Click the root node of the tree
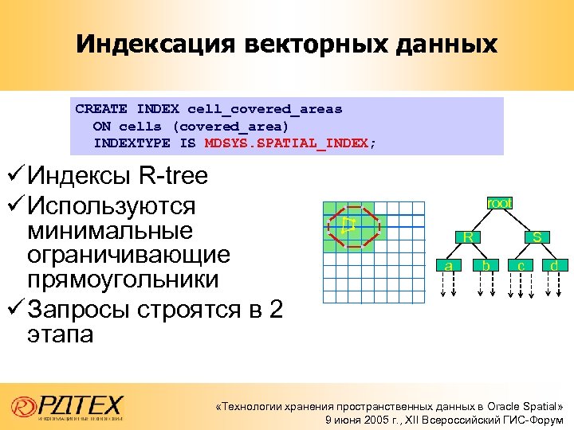(499, 203)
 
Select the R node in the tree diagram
(470, 236)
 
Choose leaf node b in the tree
(485, 264)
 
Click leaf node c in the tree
(520, 264)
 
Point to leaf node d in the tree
(553, 264)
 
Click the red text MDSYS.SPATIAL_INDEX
(287, 143)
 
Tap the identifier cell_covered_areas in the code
(265, 108)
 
